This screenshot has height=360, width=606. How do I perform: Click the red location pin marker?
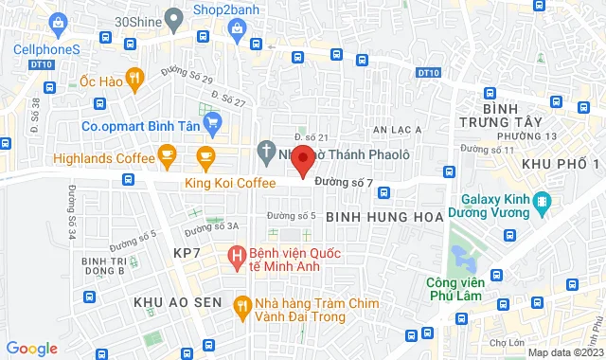[302, 159]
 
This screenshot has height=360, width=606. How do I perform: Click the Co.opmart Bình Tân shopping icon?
[213, 122]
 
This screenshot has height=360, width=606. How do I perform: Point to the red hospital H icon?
[236, 254]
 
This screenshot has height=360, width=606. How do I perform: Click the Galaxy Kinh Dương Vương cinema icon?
[542, 201]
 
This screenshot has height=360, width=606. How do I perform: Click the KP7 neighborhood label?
[187, 253]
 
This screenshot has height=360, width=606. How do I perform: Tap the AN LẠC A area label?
[397, 129]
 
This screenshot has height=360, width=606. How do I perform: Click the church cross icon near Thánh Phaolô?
[267, 151]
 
